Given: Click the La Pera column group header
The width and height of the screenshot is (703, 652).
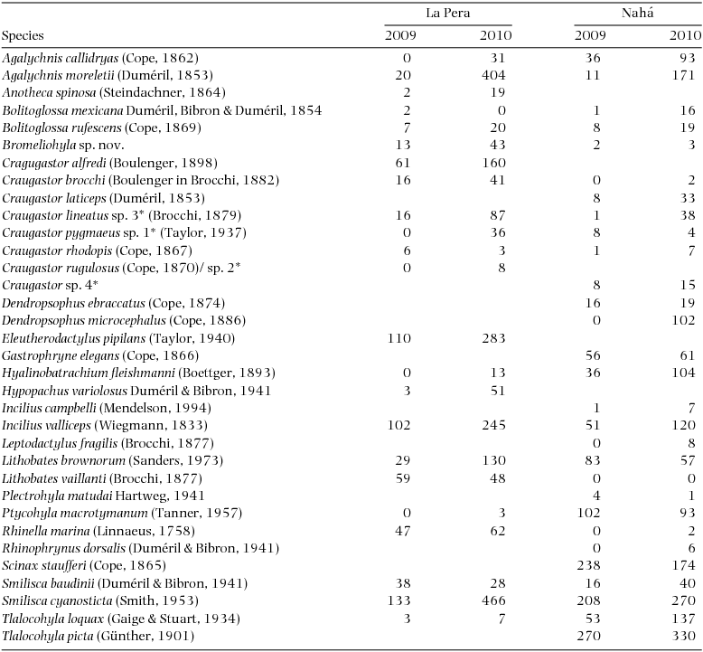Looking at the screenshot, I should click(x=448, y=14).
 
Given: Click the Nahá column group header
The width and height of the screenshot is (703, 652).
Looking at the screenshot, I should click(x=639, y=14).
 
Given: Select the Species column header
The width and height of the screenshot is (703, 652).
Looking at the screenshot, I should click(x=24, y=36).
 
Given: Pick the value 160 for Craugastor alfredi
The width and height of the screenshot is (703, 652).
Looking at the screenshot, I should click(x=493, y=162).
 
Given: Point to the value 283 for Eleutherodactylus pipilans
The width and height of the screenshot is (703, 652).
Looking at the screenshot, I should click(x=493, y=337).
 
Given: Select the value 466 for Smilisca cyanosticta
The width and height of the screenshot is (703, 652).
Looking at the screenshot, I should click(x=493, y=600).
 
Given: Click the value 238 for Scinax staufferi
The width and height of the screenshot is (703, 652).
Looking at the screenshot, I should click(x=588, y=565).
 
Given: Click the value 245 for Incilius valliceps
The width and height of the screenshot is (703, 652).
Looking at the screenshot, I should click(x=493, y=425).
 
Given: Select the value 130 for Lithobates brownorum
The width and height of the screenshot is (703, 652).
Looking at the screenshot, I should click(x=493, y=460).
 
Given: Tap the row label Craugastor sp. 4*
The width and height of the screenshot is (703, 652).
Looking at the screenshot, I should click(x=38, y=285).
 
